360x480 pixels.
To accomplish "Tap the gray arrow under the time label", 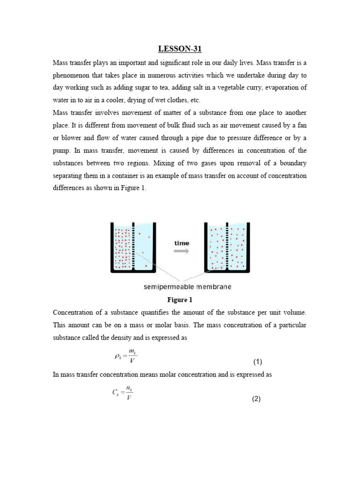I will pyautogui.click(x=181, y=251).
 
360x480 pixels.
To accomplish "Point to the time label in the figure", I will pyautogui.click(x=181, y=243).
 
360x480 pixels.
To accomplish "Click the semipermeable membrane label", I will pyautogui.click(x=187, y=286).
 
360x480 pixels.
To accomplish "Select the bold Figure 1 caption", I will pyautogui.click(x=180, y=300).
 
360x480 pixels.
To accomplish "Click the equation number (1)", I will pyautogui.click(x=257, y=361).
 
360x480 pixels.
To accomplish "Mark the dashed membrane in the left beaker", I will pyautogui.click(x=134, y=246).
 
